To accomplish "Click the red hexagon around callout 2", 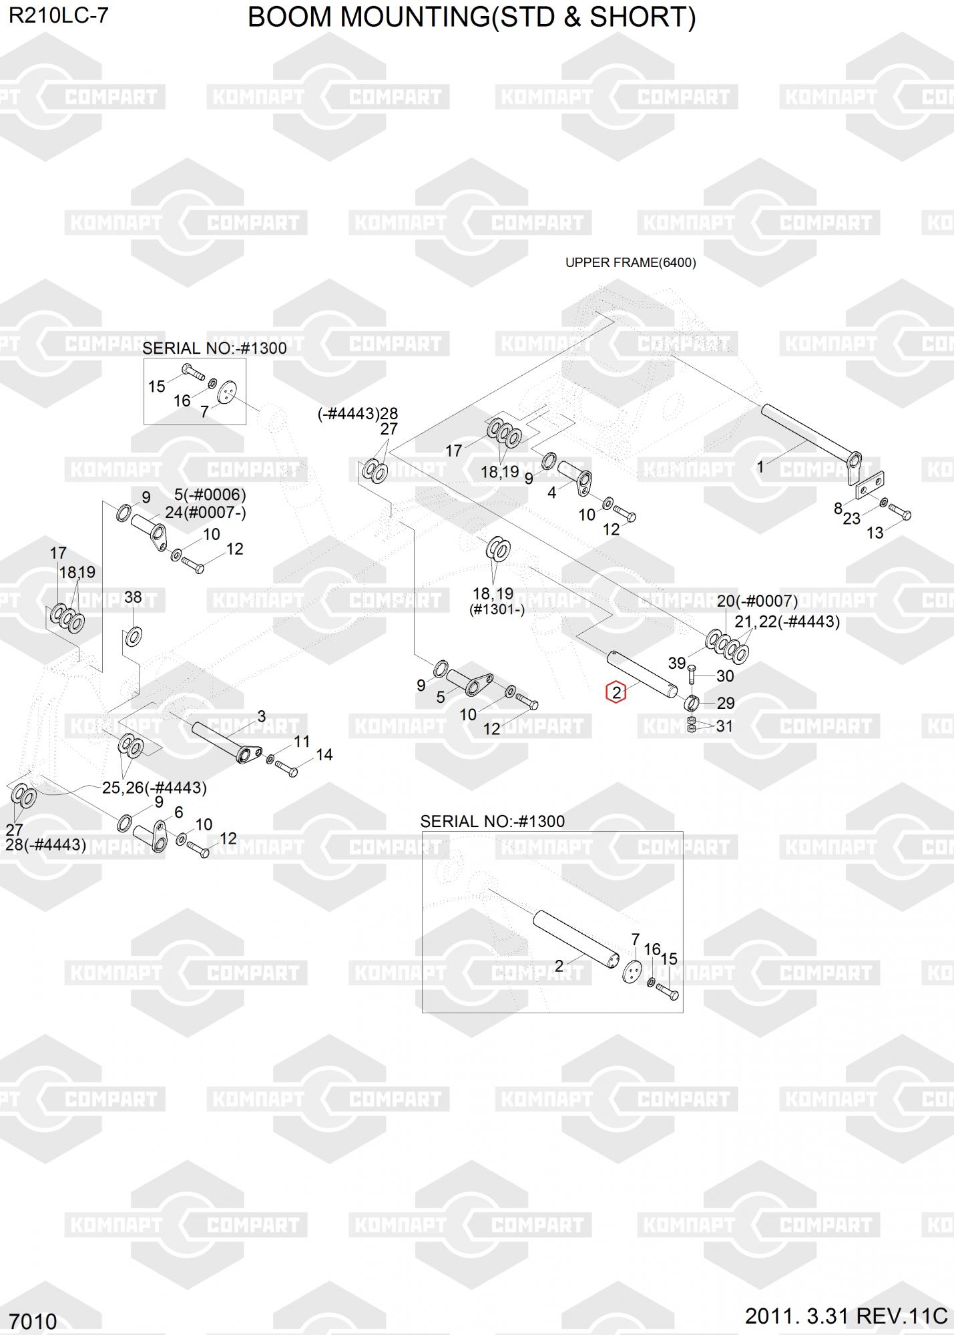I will pyautogui.click(x=616, y=692).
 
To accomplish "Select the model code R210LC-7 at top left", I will pyautogui.click(x=58, y=16).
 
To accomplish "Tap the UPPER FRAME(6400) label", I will pyautogui.click(x=630, y=262).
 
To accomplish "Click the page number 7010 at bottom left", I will pyautogui.click(x=33, y=1321).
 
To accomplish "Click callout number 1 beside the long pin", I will pyautogui.click(x=760, y=467).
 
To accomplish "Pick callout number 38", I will pyautogui.click(x=133, y=597).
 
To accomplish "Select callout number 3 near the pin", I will pyautogui.click(x=262, y=716).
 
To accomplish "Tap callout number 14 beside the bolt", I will pyautogui.click(x=324, y=755).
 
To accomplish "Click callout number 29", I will pyautogui.click(x=726, y=703).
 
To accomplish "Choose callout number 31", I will pyautogui.click(x=724, y=726).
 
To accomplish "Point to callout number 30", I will pyautogui.click(x=725, y=676).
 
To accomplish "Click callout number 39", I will pyautogui.click(x=677, y=663).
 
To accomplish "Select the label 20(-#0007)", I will pyautogui.click(x=757, y=601).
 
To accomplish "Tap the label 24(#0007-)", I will pyautogui.click(x=206, y=513).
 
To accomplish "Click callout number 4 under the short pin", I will pyautogui.click(x=551, y=493).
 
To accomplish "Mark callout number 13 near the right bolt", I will pyautogui.click(x=875, y=533).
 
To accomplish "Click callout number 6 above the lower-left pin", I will pyautogui.click(x=178, y=812).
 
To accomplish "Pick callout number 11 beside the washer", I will pyautogui.click(x=302, y=741).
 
